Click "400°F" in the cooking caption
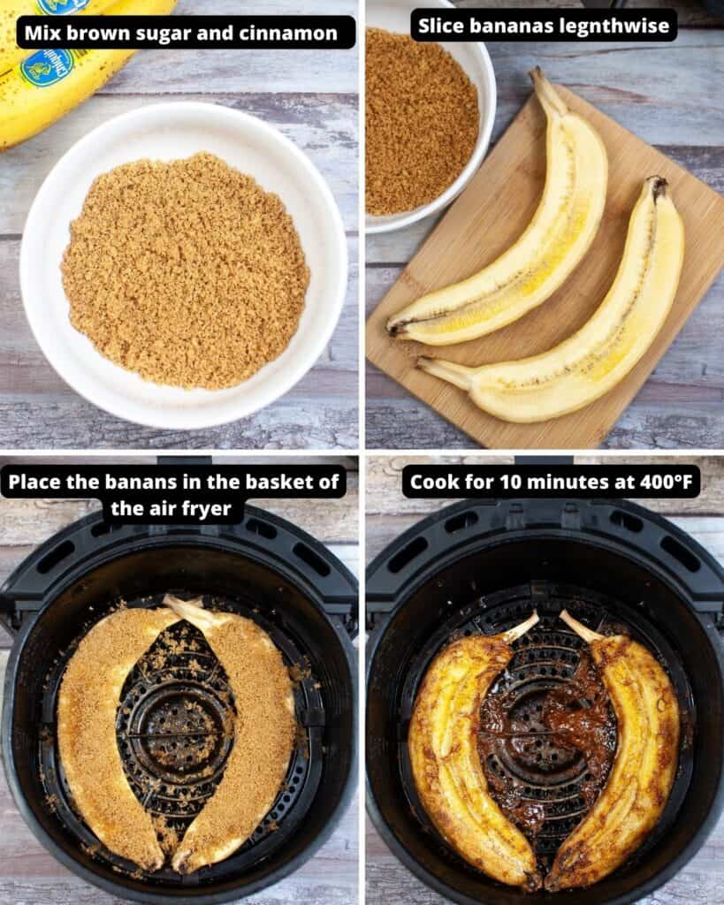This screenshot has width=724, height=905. [x=659, y=483]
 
